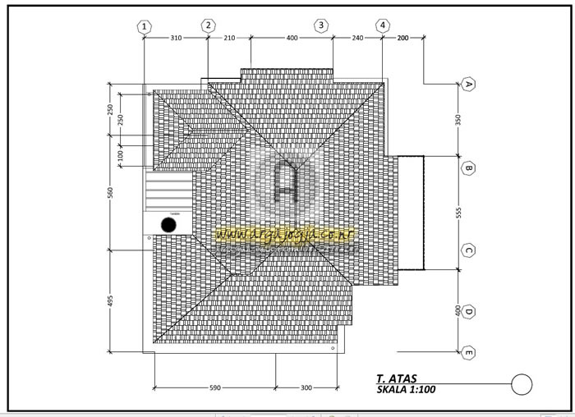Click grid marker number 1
pyautogui.click(x=145, y=26)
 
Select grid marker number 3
pyautogui.click(x=321, y=26)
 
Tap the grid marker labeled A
pyautogui.click(x=468, y=85)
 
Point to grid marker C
pyautogui.click(x=468, y=250)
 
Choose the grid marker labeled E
pyautogui.click(x=468, y=353)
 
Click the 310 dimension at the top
pyautogui.click(x=176, y=38)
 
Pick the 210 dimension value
pyautogui.click(x=229, y=38)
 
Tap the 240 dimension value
pyautogui.click(x=357, y=38)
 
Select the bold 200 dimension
pyautogui.click(x=402, y=38)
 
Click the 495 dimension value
pyautogui.click(x=110, y=301)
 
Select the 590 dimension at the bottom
pyautogui.click(x=214, y=387)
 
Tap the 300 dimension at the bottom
pyautogui.click(x=305, y=387)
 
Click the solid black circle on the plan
pyautogui.click(x=168, y=224)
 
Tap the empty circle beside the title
pyautogui.click(x=522, y=383)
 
